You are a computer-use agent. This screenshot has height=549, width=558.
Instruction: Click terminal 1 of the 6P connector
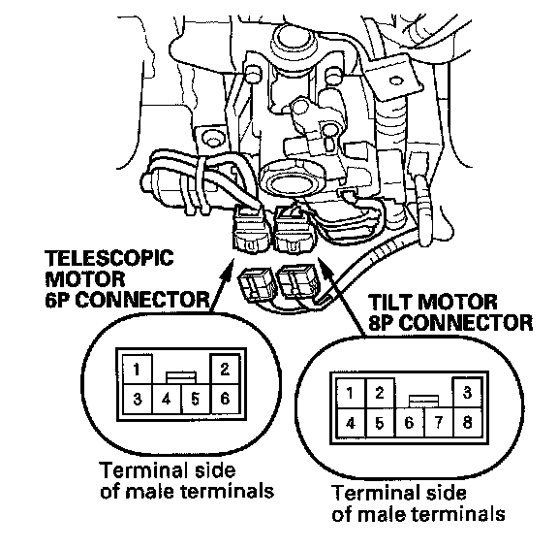click(x=137, y=369)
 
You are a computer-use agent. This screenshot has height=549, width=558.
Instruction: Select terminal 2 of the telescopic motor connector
click(x=225, y=369)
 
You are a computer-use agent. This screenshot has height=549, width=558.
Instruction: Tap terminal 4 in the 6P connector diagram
click(x=167, y=399)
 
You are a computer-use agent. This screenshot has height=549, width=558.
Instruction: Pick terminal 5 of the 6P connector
click(x=196, y=399)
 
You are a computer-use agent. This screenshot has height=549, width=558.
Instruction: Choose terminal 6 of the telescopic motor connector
click(x=226, y=399)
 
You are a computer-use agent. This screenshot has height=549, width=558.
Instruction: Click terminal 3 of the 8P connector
click(x=467, y=392)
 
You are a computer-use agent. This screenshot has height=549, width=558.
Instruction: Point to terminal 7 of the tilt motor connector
click(x=439, y=423)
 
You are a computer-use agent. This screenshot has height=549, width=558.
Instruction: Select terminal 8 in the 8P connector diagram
click(x=468, y=423)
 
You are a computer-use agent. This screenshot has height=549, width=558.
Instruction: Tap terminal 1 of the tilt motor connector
click(x=351, y=393)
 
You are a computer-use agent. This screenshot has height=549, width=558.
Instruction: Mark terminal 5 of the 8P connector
click(x=380, y=423)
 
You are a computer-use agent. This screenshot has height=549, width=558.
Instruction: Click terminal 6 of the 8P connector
click(x=409, y=423)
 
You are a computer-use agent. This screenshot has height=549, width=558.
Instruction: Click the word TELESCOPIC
click(x=109, y=258)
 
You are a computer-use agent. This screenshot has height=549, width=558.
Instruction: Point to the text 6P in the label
click(x=56, y=300)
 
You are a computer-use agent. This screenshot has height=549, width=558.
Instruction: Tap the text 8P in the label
click(x=381, y=323)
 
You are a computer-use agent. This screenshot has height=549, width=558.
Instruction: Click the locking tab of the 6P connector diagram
click(x=181, y=377)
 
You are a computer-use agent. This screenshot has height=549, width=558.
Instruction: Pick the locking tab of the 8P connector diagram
click(x=424, y=402)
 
